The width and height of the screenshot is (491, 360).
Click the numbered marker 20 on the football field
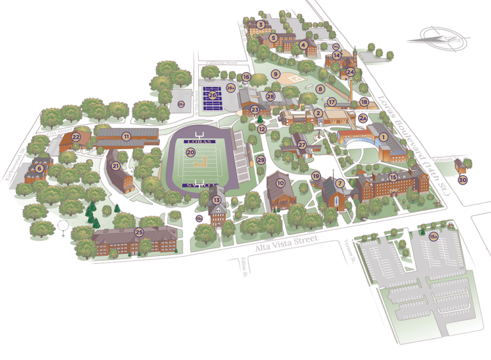pyautogui.click(x=191, y=153)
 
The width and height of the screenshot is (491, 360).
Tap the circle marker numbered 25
pyautogui.click(x=139, y=231)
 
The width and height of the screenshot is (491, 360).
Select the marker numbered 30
pyautogui.click(x=462, y=180)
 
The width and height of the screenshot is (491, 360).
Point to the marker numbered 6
pyautogui.click(x=39, y=168)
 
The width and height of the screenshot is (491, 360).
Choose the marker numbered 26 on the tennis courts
pyautogui.click(x=212, y=95)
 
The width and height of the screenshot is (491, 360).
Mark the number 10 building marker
pyautogui.click(x=280, y=182)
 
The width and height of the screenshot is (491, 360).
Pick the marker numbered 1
pyautogui.click(x=384, y=136)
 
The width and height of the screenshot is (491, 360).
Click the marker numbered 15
pyautogui.click(x=393, y=177)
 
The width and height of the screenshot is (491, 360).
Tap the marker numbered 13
pyautogui.click(x=217, y=200)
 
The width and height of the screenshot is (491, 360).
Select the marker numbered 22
pyautogui.click(x=75, y=136)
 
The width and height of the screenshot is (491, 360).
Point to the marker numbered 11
pyautogui.click(x=127, y=136)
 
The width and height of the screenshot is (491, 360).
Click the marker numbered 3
pyautogui.click(x=260, y=24)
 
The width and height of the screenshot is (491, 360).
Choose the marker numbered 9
pyautogui.click(x=276, y=74)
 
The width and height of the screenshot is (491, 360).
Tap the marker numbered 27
pyautogui.click(x=302, y=145)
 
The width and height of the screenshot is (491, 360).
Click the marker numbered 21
pyautogui.click(x=116, y=166)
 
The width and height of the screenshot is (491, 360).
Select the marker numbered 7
pyautogui.click(x=340, y=184)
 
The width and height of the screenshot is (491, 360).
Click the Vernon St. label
pyautogui.click(x=348, y=246)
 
